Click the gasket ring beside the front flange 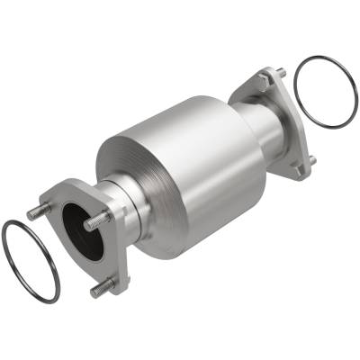(10, 270)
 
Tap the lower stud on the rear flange (311, 161)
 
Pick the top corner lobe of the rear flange (266, 76)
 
